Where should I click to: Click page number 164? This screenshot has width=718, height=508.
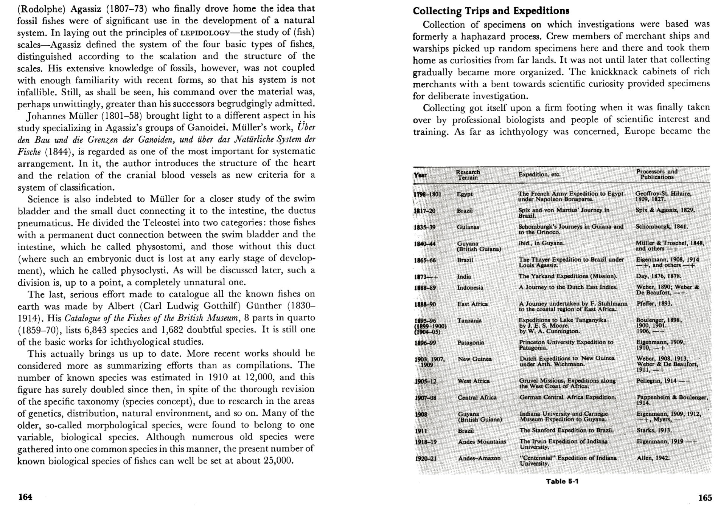[25, 497]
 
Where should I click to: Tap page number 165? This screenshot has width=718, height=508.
[705, 498]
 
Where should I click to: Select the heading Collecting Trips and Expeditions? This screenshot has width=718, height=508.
[491, 11]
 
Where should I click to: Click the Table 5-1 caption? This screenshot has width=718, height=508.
[562, 481]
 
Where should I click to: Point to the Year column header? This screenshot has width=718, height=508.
[420, 175]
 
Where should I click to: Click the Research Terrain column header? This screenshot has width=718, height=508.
[468, 175]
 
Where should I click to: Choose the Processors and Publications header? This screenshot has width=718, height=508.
[657, 174]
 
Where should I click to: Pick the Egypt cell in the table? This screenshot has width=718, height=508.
[465, 194]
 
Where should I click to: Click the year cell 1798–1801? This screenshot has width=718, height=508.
[427, 194]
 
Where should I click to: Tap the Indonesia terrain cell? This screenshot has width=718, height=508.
[470, 288]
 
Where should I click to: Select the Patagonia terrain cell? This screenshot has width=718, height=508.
[471, 342]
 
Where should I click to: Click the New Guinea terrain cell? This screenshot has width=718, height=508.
[475, 359]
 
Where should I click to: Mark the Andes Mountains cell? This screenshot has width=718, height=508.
[482, 441]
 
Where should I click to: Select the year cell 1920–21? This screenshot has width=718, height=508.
[426, 458]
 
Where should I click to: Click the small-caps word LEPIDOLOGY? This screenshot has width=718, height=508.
[205, 33]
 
